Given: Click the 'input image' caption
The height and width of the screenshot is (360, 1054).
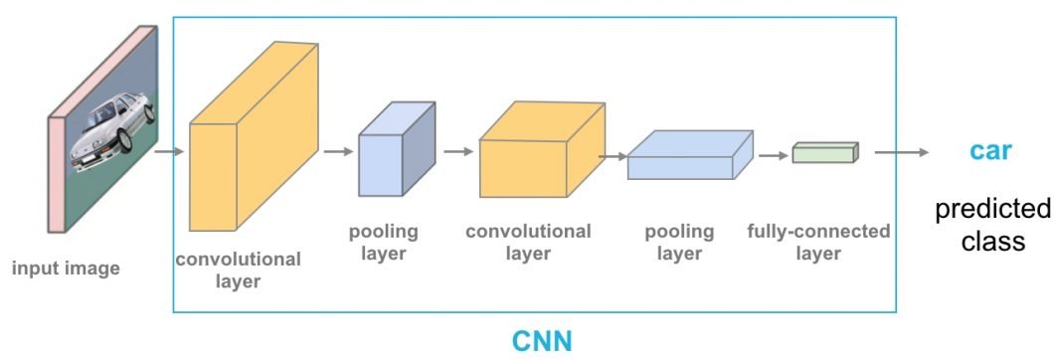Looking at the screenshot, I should point(66,268).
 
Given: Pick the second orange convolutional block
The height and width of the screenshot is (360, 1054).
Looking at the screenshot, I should point(539,150).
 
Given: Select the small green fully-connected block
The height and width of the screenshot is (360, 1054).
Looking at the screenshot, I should point(824,152).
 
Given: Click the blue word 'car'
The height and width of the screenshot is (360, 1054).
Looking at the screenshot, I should point(990,151).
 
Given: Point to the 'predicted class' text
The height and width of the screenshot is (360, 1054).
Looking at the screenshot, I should point(992,226).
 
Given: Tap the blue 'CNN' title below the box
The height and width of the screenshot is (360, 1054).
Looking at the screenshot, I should point(542,341).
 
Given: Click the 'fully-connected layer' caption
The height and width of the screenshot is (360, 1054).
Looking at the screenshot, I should point(818,243).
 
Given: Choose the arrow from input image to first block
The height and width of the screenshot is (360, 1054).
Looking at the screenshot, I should point(170,152).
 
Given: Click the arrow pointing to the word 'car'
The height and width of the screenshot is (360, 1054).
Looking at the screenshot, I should point(901,152).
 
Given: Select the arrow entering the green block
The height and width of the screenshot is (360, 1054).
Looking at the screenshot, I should point(774,155).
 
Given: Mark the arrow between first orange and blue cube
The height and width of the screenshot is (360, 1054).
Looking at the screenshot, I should point(338,152).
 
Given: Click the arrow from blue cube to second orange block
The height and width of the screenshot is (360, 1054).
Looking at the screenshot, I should point(458,152).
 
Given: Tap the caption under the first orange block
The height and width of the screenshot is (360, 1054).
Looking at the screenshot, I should point(238,270).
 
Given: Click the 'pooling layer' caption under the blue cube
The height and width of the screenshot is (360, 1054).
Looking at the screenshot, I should point(383,243).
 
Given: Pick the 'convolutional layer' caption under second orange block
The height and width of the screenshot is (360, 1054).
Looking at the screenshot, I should point(528,243).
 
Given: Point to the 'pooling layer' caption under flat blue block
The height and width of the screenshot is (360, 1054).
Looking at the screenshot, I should point(679,243).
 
